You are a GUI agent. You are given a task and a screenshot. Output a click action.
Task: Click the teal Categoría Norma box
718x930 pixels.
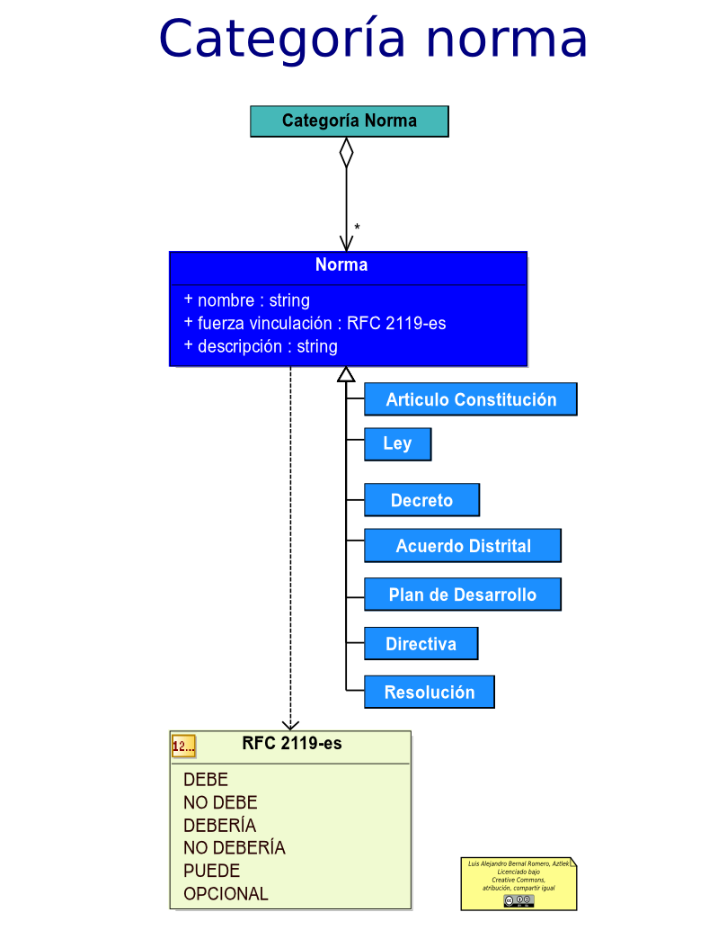coord(349,121)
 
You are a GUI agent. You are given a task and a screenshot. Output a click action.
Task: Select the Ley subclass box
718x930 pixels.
coord(397,444)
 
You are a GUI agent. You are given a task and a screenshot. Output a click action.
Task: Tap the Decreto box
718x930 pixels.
coord(421,500)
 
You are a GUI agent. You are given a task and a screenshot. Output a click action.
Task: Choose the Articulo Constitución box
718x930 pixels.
coord(470,399)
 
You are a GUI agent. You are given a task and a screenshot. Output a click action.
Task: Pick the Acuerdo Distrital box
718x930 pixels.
coord(462,546)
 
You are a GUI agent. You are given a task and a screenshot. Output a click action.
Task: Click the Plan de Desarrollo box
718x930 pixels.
coord(462,595)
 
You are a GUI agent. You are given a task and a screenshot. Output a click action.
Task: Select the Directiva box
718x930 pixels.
coord(421,644)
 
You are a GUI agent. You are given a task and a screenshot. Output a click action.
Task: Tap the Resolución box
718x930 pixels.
coord(429,693)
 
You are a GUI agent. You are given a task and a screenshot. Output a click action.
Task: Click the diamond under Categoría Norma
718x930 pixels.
coord(346,152)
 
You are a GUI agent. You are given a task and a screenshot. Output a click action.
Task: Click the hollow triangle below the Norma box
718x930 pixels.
coord(346,374)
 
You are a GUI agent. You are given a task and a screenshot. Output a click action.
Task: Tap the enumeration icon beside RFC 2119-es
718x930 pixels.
coord(183,746)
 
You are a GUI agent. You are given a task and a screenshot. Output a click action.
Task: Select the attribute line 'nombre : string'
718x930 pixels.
coord(247,300)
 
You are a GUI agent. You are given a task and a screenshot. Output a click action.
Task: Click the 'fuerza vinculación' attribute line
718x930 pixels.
coord(315,323)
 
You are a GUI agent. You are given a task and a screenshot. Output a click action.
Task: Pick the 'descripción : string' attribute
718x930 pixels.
coord(261,346)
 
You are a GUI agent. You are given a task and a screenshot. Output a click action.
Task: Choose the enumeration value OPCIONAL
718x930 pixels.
coord(226,894)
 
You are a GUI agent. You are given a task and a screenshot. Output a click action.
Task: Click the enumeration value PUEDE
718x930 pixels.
coord(211,871)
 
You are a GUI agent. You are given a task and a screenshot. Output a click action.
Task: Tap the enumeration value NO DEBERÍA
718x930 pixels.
coord(234,847)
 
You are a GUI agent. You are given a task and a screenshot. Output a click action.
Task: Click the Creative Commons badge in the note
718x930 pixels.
coord(519,900)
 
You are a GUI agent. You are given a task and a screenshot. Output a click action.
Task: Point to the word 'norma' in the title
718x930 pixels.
coord(506,39)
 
